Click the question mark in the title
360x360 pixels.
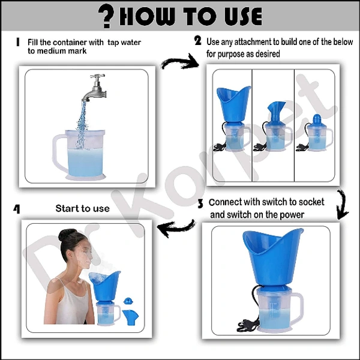coord(106,16)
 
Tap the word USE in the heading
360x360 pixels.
coord(243,16)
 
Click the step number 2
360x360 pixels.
coord(197,41)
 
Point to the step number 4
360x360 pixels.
coord(17,209)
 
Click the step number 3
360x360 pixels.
coord(200,204)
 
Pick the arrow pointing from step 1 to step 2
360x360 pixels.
coord(179,61)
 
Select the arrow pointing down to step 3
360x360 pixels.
coord(343,204)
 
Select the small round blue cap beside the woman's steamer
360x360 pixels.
coord(128,301)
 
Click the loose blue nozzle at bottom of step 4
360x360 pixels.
coord(130,317)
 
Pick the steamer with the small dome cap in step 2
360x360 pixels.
coord(315,133)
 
